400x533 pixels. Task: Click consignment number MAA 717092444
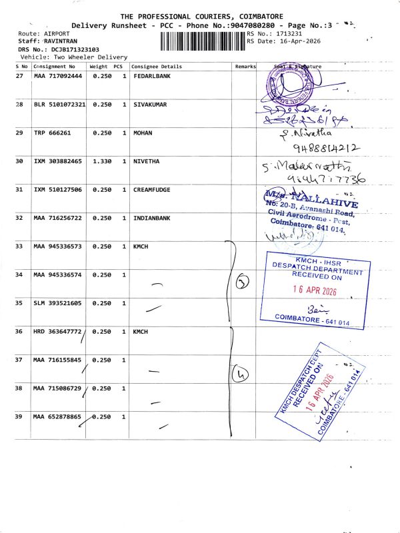coord(58,77)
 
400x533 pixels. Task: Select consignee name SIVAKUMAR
coord(150,105)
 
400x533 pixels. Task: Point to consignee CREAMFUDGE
coord(151,190)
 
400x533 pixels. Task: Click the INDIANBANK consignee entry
coord(151,218)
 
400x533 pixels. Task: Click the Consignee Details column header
coord(157,67)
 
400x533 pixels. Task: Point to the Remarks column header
coord(245,67)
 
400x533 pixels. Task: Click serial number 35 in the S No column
coord(19,303)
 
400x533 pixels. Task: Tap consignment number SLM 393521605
coord(58,303)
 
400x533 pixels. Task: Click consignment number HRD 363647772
coord(58,331)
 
